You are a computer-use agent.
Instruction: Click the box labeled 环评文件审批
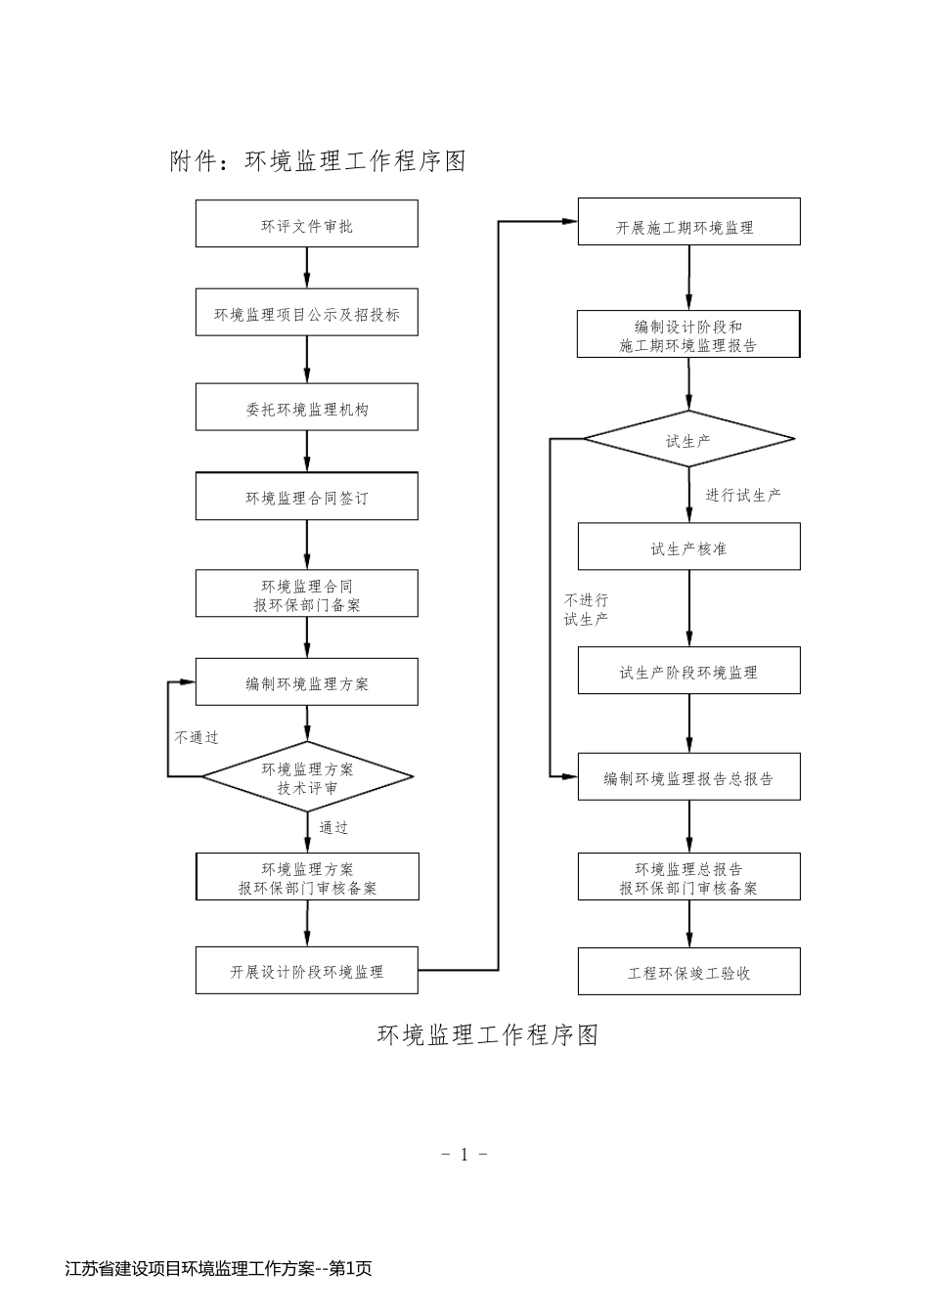(x=306, y=225)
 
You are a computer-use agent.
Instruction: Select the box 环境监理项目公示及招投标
(x=306, y=314)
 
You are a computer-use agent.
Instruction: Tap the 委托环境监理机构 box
(x=306, y=409)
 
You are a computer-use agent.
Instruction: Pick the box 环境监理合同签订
(x=306, y=497)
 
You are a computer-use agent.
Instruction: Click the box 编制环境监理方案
(x=306, y=682)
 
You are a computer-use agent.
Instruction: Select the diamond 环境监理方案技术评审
(x=307, y=778)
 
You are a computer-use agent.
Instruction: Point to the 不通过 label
(x=197, y=737)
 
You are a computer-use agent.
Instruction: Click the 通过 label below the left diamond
(x=333, y=827)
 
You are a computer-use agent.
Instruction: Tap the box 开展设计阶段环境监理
(x=306, y=971)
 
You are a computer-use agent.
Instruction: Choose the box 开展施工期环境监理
(x=688, y=226)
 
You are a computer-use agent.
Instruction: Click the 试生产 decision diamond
(x=688, y=441)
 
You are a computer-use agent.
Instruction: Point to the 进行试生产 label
(x=743, y=495)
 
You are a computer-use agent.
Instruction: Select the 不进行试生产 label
(x=586, y=609)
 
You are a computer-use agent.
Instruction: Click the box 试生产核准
(x=688, y=547)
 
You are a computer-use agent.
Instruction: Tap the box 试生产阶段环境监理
(x=688, y=672)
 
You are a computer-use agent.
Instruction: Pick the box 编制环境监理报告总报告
(x=688, y=778)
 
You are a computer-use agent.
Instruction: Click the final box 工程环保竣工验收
(x=688, y=972)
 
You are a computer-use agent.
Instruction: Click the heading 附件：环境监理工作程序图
(x=318, y=161)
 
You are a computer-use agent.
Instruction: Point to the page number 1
(x=464, y=1154)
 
